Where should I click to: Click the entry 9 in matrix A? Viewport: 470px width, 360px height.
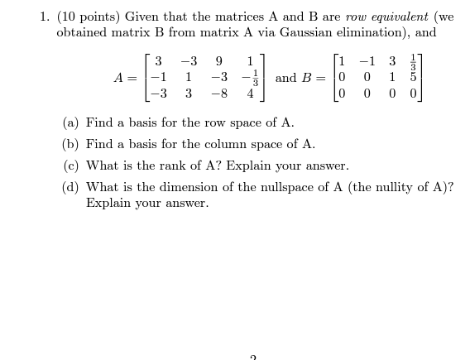tap(218, 61)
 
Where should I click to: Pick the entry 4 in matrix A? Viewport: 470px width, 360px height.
tap(250, 94)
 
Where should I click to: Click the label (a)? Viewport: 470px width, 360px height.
tap(71, 123)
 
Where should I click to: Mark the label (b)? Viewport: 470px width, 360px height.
tap(71, 144)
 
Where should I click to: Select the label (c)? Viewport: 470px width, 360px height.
tap(71, 166)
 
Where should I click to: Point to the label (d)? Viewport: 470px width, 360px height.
tap(71, 187)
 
